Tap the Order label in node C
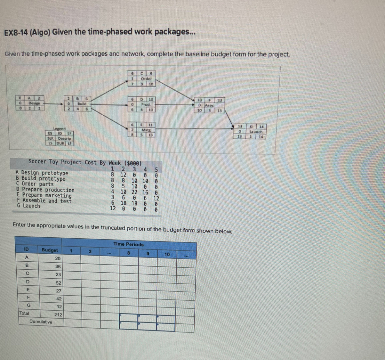click(146, 79)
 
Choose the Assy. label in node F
click(209, 105)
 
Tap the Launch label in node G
click(256, 132)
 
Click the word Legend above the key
click(59, 128)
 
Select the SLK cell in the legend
click(50, 138)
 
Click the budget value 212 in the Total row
click(58, 315)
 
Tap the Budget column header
click(50, 250)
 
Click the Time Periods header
click(128, 244)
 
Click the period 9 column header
click(148, 254)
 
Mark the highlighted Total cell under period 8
click(128, 318)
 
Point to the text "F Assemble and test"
click(44, 201)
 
